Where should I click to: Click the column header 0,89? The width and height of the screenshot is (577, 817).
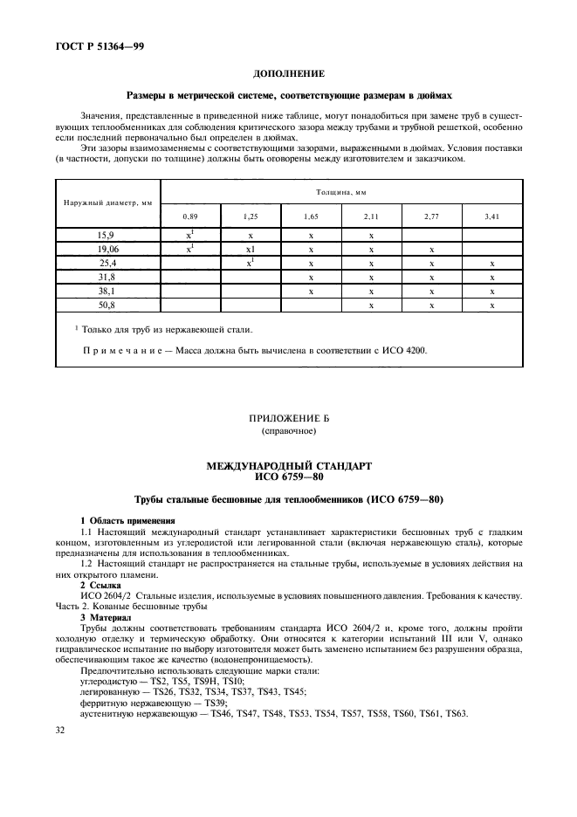(x=189, y=216)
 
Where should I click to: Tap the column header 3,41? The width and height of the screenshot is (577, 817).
(x=492, y=216)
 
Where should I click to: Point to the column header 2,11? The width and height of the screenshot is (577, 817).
(x=371, y=216)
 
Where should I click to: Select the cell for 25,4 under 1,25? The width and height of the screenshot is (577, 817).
(x=250, y=263)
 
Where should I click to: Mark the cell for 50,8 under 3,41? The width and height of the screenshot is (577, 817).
(x=492, y=305)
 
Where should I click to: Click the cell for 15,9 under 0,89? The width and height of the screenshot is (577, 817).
(x=189, y=235)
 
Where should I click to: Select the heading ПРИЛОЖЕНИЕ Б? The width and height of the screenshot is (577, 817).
(x=288, y=418)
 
